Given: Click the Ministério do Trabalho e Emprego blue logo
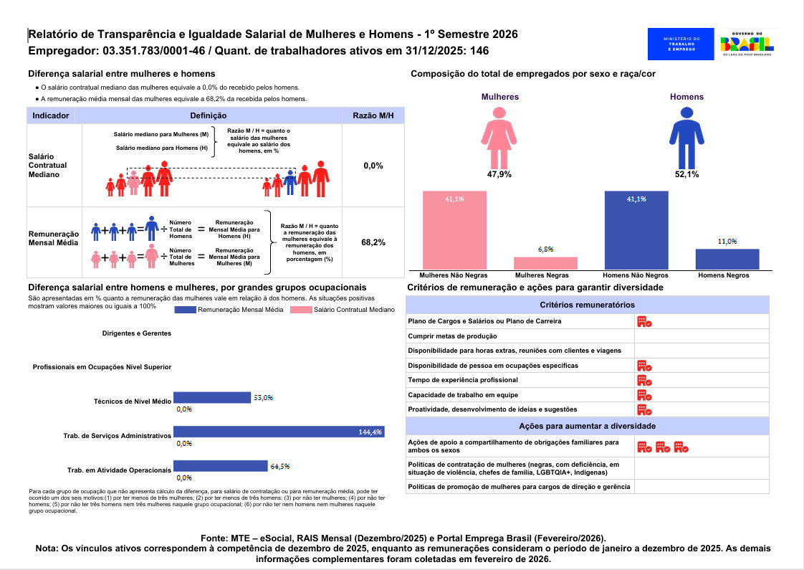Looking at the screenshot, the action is tap(681, 44).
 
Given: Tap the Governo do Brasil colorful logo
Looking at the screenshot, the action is tap(747, 44).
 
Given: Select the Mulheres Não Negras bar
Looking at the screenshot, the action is tap(454, 230).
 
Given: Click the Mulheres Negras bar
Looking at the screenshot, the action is tap(545, 263).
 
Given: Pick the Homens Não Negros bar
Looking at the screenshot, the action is tap(636, 230).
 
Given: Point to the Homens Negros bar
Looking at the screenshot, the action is tap(727, 259).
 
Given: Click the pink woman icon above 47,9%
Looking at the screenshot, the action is tap(499, 138).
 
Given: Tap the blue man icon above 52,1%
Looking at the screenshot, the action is tap(686, 138).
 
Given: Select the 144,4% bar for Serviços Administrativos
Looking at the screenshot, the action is tap(279, 432).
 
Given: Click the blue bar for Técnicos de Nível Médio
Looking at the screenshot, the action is tap(212, 398).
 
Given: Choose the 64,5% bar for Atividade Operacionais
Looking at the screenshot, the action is tap(221, 466).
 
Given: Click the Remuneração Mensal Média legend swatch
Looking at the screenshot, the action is tap(185, 310).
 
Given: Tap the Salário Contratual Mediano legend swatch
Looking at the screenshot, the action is tap(301, 310).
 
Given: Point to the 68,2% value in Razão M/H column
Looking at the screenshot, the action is tap(373, 242).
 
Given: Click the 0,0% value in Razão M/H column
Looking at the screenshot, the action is tap(373, 166).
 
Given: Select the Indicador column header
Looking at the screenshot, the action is tap(51, 115).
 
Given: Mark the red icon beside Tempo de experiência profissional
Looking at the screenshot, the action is tap(644, 380).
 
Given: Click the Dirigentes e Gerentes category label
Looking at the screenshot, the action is tap(136, 333).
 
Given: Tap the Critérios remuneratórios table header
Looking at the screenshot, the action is tap(587, 305).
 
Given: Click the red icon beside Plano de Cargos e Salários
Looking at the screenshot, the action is tap(644, 322).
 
